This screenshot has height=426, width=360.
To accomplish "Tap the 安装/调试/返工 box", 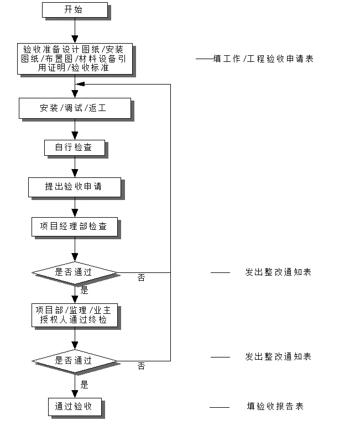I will (74, 108).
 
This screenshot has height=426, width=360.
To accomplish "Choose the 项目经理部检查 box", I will (74, 227).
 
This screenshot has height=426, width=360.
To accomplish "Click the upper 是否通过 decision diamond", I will (75, 272).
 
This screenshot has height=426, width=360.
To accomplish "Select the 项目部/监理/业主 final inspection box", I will (74, 315).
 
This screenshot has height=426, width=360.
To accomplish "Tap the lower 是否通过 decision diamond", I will (75, 360).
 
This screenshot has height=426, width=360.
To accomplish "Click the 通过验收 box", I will (74, 407).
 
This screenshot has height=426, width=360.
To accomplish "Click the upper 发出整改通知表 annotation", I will (278, 272).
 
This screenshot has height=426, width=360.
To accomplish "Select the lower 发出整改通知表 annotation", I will (278, 357).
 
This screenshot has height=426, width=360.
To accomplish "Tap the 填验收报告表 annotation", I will (275, 407).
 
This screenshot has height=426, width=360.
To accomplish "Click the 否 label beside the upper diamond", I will (141, 278).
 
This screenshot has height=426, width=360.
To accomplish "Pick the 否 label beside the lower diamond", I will (141, 366).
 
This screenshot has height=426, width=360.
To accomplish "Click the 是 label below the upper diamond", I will (84, 290).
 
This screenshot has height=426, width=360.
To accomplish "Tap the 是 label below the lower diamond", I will (84, 385).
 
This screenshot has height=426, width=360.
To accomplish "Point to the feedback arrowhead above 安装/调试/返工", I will (80, 85).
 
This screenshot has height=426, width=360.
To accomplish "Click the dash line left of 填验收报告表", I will (220, 408).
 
